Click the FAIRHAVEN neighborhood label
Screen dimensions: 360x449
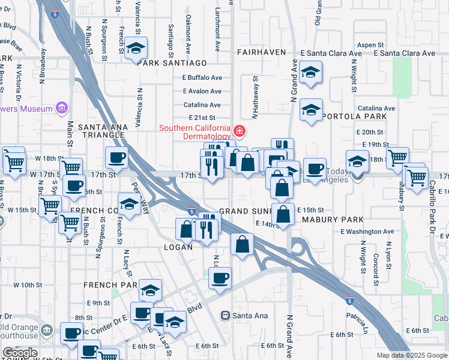point(261,52)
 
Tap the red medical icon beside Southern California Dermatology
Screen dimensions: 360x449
point(240,130)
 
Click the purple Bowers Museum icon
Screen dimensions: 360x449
point(61,108)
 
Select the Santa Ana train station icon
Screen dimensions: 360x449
point(226,315)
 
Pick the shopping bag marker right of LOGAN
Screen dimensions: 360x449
point(242,244)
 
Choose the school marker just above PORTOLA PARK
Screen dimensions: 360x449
point(311,110)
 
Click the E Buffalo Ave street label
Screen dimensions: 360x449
point(202,77)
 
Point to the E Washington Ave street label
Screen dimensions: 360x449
point(367,231)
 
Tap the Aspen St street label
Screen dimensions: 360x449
point(370,45)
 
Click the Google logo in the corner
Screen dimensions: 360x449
point(20,353)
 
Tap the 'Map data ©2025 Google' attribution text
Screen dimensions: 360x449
point(411,355)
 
